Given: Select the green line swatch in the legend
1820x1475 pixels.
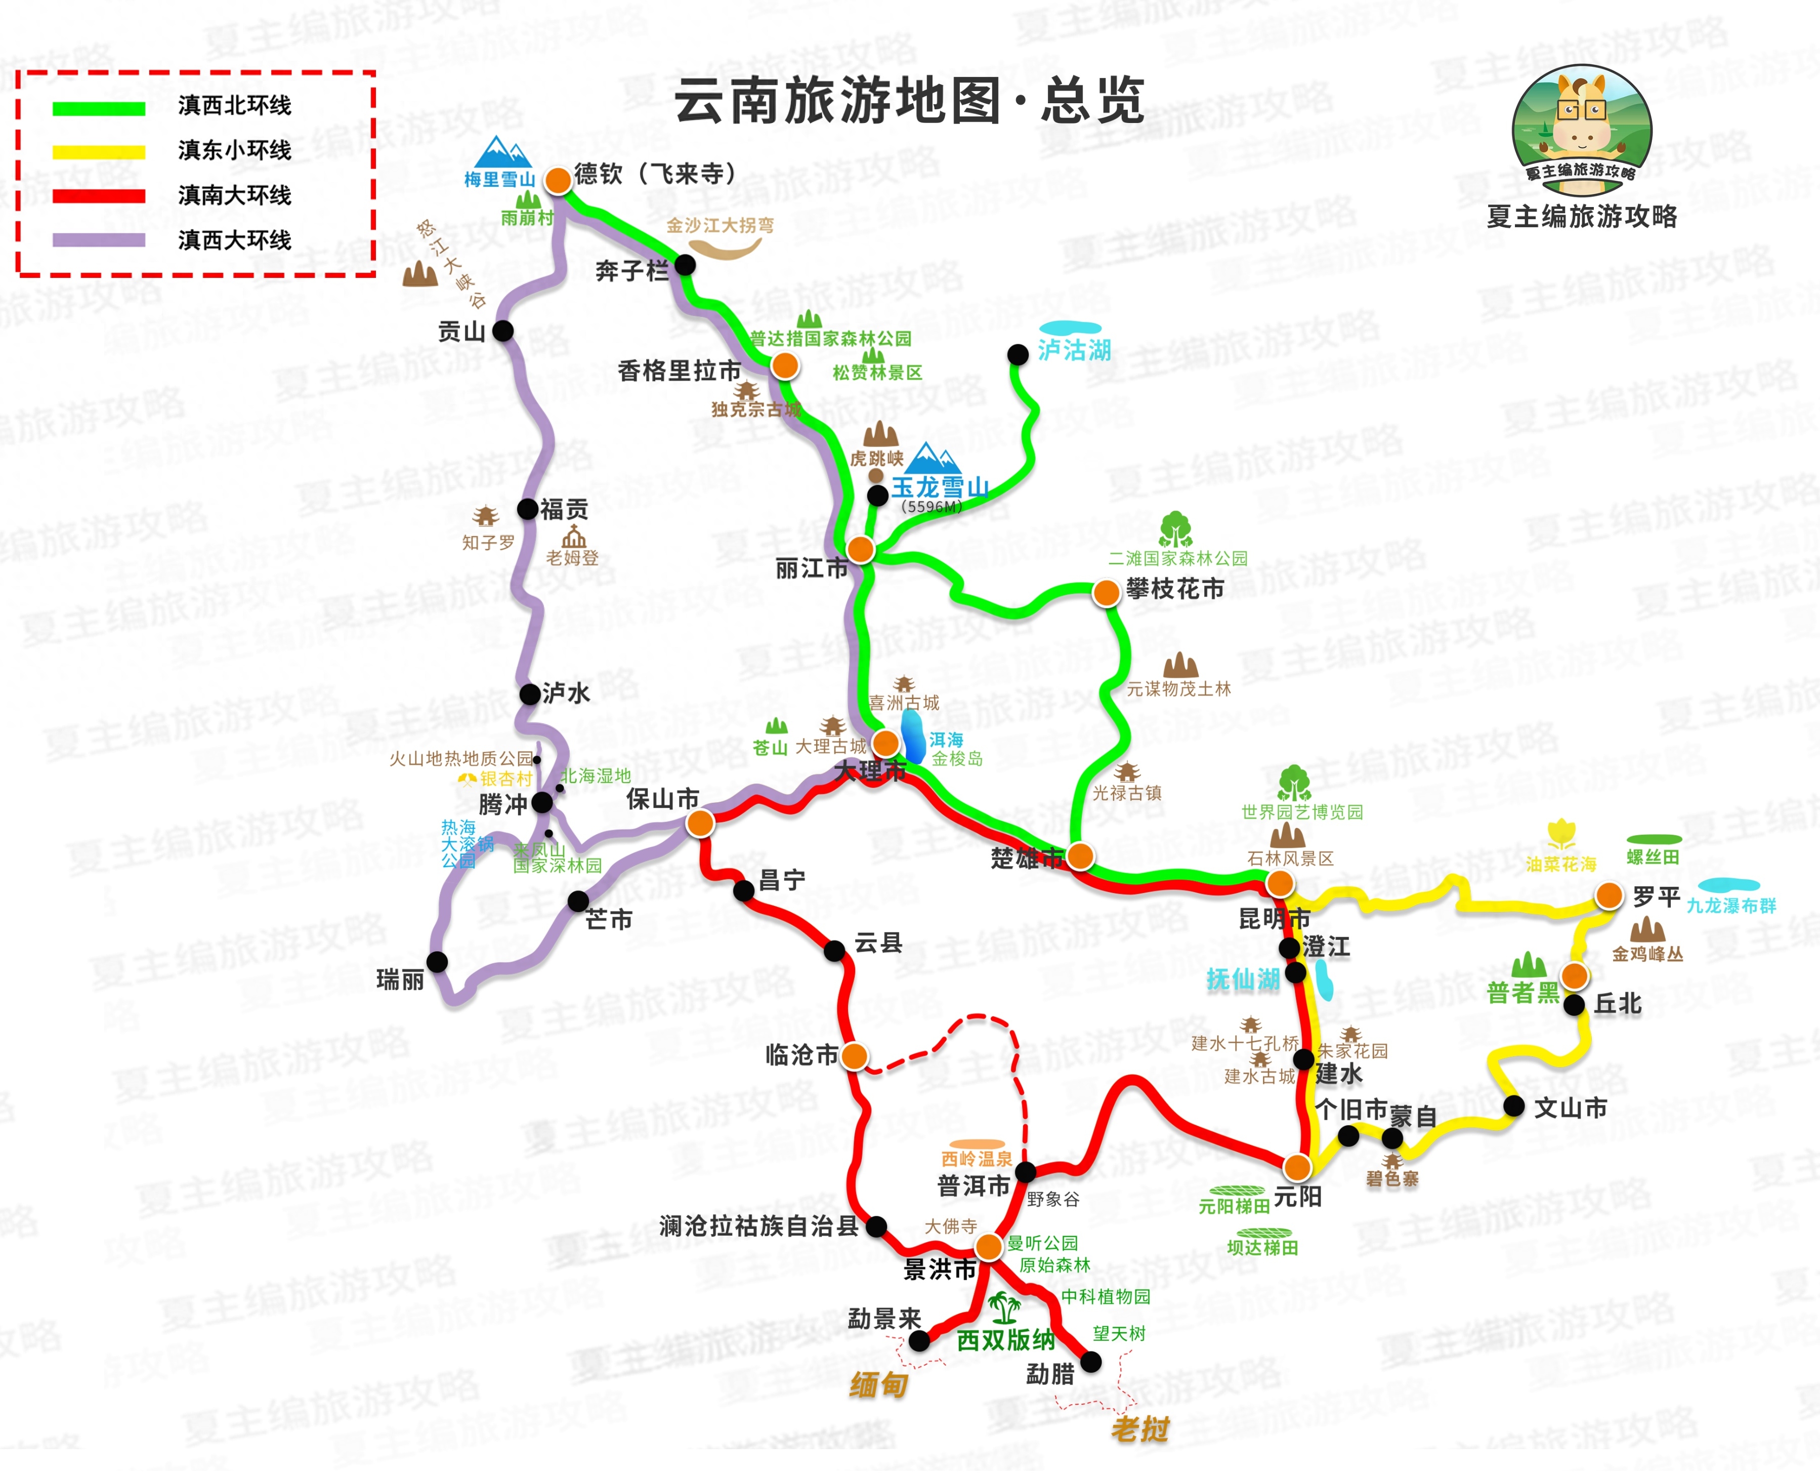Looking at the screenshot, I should click(x=99, y=108).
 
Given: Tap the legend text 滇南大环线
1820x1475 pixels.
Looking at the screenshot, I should click(x=234, y=195).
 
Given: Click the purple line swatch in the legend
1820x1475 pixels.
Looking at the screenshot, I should click(x=99, y=240).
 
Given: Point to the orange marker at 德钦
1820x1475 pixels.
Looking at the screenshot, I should click(x=558, y=180).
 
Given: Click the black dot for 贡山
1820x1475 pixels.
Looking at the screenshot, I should click(x=503, y=331).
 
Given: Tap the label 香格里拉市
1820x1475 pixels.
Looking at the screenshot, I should click(x=679, y=372).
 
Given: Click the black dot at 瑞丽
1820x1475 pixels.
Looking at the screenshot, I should click(x=437, y=962).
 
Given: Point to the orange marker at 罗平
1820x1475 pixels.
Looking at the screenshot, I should click(x=1609, y=895).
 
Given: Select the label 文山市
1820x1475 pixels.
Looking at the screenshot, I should click(x=1571, y=1108).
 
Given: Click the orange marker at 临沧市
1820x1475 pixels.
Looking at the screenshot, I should click(x=855, y=1056).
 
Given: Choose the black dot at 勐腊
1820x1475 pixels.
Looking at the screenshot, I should click(x=1090, y=1363).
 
